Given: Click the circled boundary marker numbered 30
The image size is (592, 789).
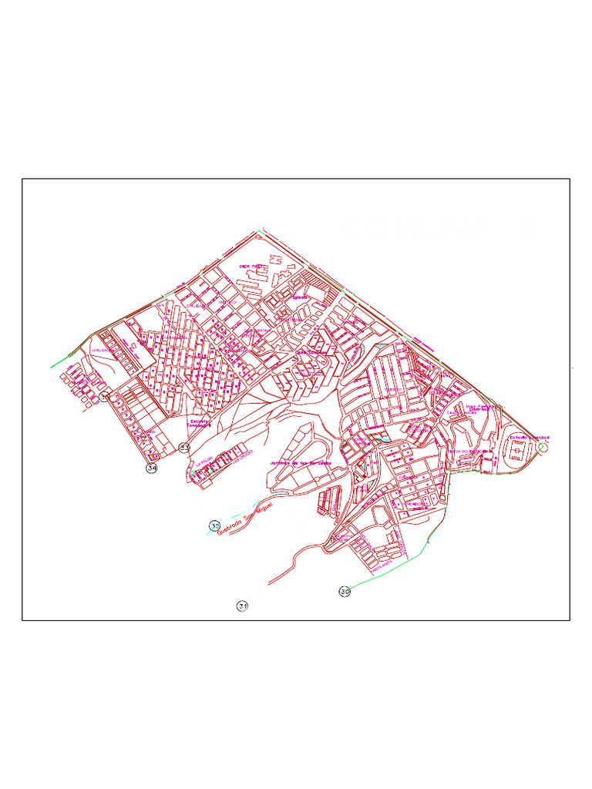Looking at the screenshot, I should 345,591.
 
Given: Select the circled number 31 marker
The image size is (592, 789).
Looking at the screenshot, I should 243,606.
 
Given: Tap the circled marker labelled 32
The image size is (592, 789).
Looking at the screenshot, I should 214,525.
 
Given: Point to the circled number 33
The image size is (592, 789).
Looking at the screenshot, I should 184,447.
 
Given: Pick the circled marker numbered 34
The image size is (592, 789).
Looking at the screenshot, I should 152,468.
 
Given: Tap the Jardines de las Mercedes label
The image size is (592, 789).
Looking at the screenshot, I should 301,462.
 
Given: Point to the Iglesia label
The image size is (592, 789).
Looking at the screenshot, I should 299,296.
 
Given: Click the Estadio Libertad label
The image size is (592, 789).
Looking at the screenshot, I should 529,438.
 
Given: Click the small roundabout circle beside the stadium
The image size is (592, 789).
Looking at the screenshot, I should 544,446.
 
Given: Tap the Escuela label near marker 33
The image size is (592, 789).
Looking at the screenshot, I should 200,424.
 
